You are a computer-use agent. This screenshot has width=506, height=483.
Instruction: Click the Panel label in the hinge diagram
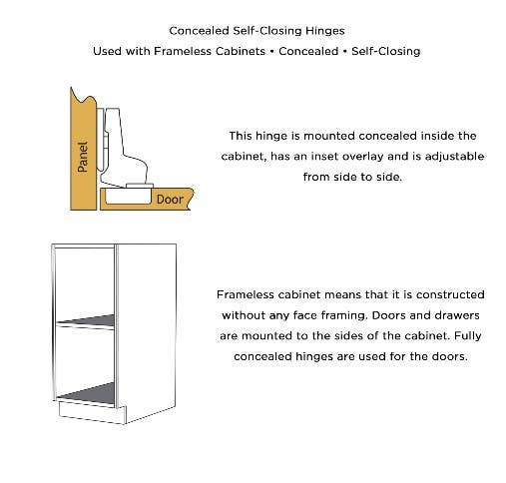point(83,156)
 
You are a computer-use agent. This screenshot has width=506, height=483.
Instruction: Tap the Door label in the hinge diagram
point(170,199)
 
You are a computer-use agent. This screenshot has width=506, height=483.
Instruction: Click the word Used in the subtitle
point(109,51)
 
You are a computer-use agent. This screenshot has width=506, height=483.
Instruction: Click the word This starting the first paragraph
point(242,135)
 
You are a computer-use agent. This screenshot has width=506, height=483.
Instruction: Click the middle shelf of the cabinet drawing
point(86,320)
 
